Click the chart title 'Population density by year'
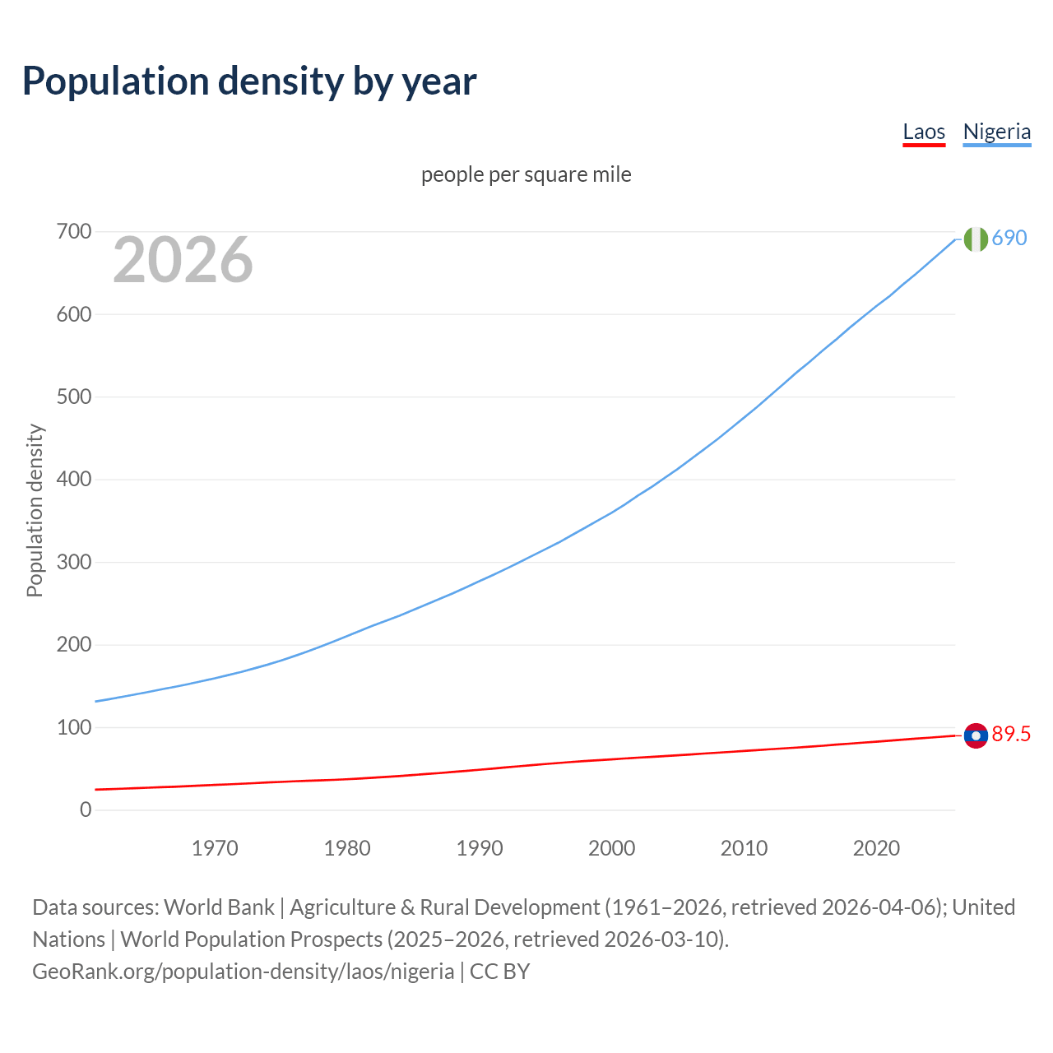click(x=249, y=81)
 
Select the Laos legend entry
click(x=924, y=132)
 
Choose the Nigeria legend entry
click(x=996, y=132)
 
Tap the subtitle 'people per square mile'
click(x=526, y=174)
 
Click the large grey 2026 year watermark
click(x=183, y=260)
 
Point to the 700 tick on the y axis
click(x=74, y=232)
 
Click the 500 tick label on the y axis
click(x=74, y=397)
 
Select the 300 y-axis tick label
click(x=74, y=563)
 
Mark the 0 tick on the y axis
click(x=86, y=810)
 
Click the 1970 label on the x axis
click(x=215, y=848)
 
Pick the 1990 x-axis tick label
click(x=480, y=848)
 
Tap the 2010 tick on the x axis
click(x=744, y=848)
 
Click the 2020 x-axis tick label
click(x=876, y=848)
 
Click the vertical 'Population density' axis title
click(x=35, y=510)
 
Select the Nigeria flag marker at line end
click(x=976, y=239)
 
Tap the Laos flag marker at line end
click(x=976, y=735)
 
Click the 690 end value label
click(x=1009, y=239)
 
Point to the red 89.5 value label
click(x=1011, y=735)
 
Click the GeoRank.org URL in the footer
click(x=243, y=972)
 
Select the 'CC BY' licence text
click(x=500, y=972)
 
